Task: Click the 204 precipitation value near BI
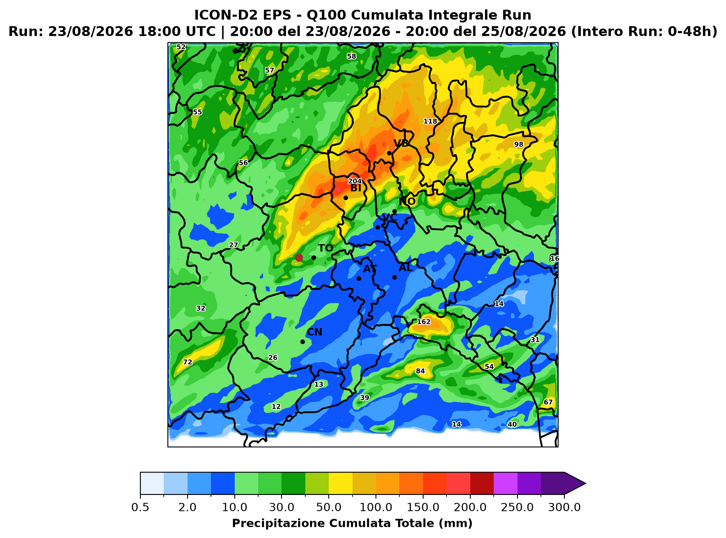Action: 355,181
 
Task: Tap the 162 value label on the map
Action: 424,322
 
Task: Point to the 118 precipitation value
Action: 430,121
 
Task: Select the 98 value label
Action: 519,144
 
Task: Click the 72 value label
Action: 187,362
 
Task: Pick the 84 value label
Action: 420,372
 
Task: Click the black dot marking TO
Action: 314,258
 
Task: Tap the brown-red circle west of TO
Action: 299,258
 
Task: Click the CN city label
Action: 315,332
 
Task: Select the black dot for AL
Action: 394,277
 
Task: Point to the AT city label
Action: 370,269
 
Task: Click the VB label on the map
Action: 401,143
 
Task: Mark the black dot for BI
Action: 346,198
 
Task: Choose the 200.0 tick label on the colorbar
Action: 470,507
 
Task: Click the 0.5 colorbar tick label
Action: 140,507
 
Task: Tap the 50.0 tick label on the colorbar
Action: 329,507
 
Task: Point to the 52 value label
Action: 181,47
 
